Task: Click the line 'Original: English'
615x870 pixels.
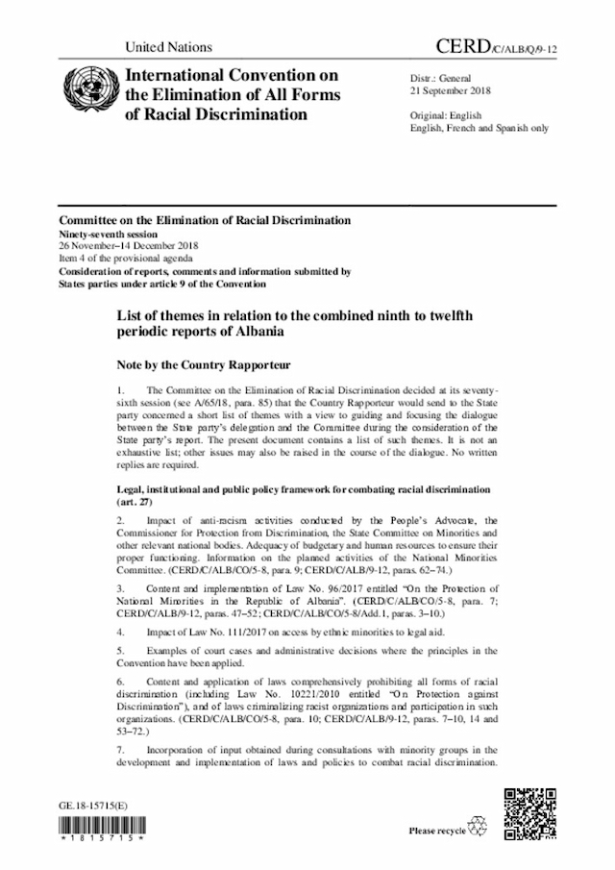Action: [x=446, y=114]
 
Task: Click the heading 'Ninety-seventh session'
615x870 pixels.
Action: [x=111, y=233]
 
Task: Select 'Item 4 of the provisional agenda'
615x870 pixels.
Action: [x=125, y=259]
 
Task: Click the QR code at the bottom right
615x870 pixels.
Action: [x=529, y=813]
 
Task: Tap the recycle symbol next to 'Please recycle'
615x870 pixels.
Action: [x=477, y=828]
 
